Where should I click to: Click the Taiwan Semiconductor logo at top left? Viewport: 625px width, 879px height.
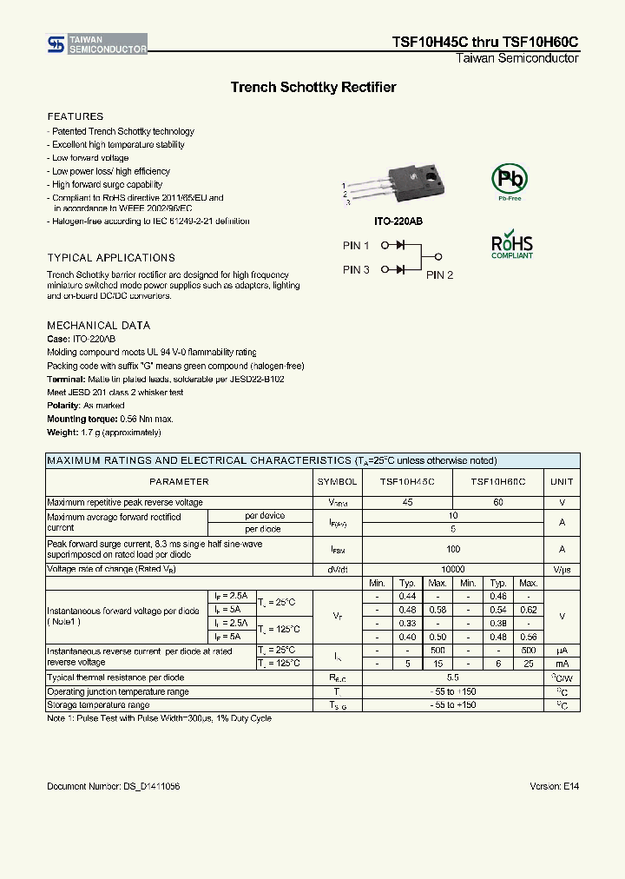[96, 44]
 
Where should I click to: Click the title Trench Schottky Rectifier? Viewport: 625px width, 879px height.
[312, 87]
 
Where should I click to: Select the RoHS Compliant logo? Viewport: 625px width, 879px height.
[512, 246]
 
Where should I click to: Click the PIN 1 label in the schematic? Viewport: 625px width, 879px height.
[356, 246]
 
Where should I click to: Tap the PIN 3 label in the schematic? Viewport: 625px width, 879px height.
[356, 270]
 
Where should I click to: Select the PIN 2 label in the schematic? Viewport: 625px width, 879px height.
[439, 275]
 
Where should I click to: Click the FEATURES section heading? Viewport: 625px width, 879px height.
[76, 116]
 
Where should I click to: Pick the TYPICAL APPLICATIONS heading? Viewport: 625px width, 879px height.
[111, 258]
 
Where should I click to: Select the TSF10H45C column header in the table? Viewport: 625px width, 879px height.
[406, 481]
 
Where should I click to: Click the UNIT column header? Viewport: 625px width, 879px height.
[562, 481]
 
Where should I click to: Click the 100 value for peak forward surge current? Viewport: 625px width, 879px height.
[452, 550]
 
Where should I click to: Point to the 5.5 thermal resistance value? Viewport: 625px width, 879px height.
[452, 677]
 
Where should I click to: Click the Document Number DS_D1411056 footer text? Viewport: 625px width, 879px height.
[113, 786]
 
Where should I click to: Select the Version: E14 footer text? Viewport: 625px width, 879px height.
[554, 786]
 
